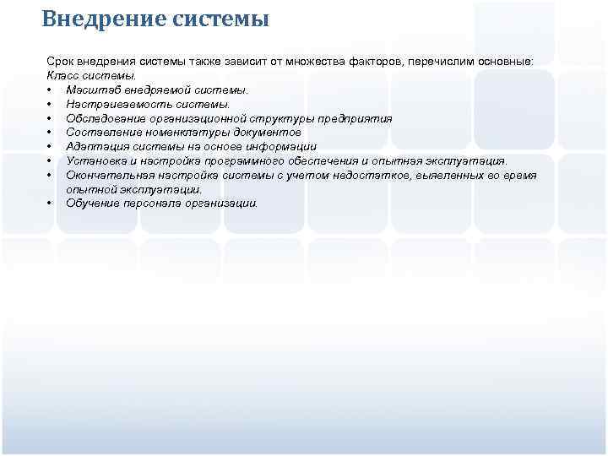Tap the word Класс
[x=63, y=76]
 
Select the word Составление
[x=101, y=133]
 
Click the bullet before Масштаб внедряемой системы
[x=52, y=90]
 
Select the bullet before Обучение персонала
[x=52, y=204]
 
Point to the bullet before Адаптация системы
[x=52, y=147]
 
